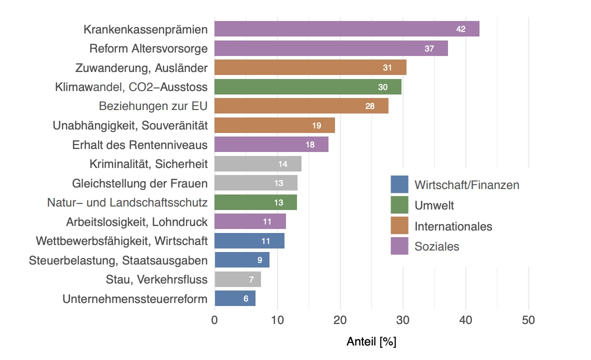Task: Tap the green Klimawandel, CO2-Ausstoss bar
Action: click(307, 87)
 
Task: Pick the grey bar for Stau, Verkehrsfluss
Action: click(237, 279)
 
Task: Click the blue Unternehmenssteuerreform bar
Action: click(234, 298)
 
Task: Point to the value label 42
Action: click(460, 29)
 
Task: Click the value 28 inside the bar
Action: click(369, 106)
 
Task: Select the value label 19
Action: click(316, 125)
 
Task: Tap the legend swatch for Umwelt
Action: click(399, 205)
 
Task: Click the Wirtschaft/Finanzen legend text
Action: click(466, 184)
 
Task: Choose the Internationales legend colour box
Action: click(399, 226)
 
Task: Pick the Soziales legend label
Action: click(436, 246)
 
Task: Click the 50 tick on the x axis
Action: click(528, 320)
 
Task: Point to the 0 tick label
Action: click(214, 320)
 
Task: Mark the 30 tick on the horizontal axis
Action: click(403, 320)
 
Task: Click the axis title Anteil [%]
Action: click(371, 342)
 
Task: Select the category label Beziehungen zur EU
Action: click(153, 106)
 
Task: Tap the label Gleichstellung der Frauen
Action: click(139, 183)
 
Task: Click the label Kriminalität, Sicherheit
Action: click(148, 164)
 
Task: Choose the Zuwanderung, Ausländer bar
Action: click(310, 67)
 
